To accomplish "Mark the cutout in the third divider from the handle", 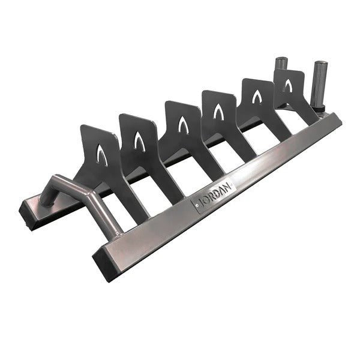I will pyautogui.click(x=182, y=125).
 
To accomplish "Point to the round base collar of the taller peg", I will pyautogui.click(x=318, y=109).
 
